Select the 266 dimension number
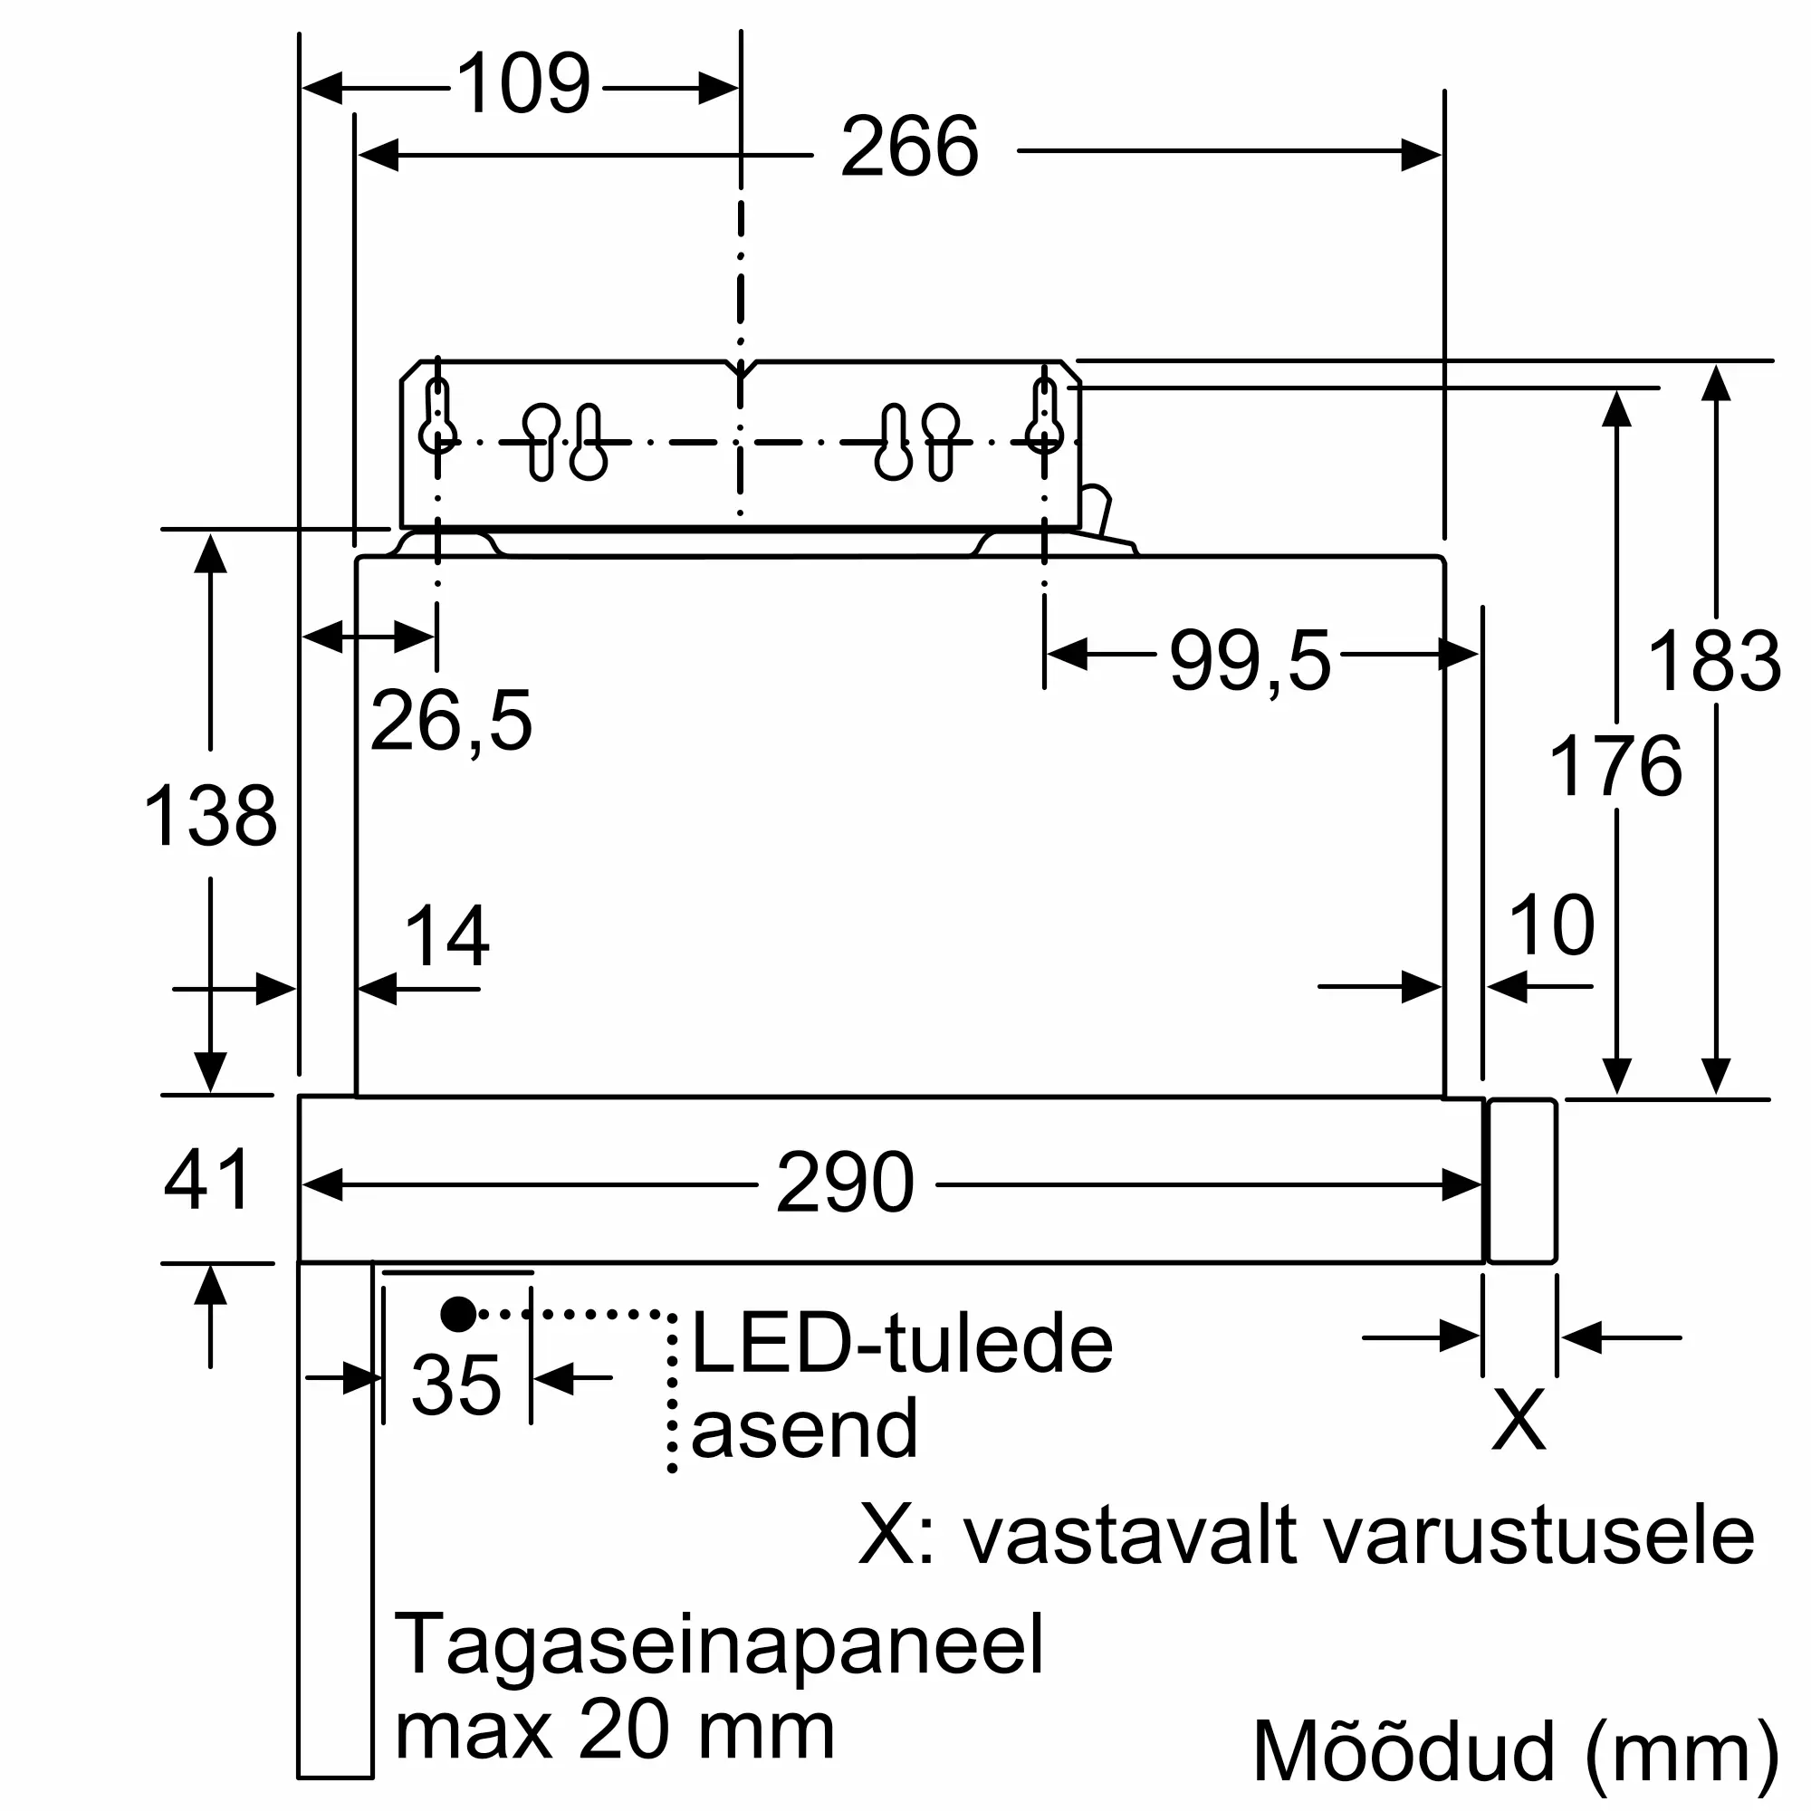[x=909, y=148]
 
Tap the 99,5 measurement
[x=1250, y=662]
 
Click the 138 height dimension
[x=210, y=816]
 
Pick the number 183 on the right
[x=1713, y=662]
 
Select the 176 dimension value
[x=1615, y=767]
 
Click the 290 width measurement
[x=845, y=1183]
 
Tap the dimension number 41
[x=207, y=1179]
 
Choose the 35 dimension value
[x=456, y=1385]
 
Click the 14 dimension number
[x=446, y=935]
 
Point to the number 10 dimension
[x=1551, y=926]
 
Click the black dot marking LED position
[x=458, y=1314]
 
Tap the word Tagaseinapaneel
[x=718, y=1644]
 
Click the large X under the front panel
[x=1519, y=1419]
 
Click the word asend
[x=804, y=1429]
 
